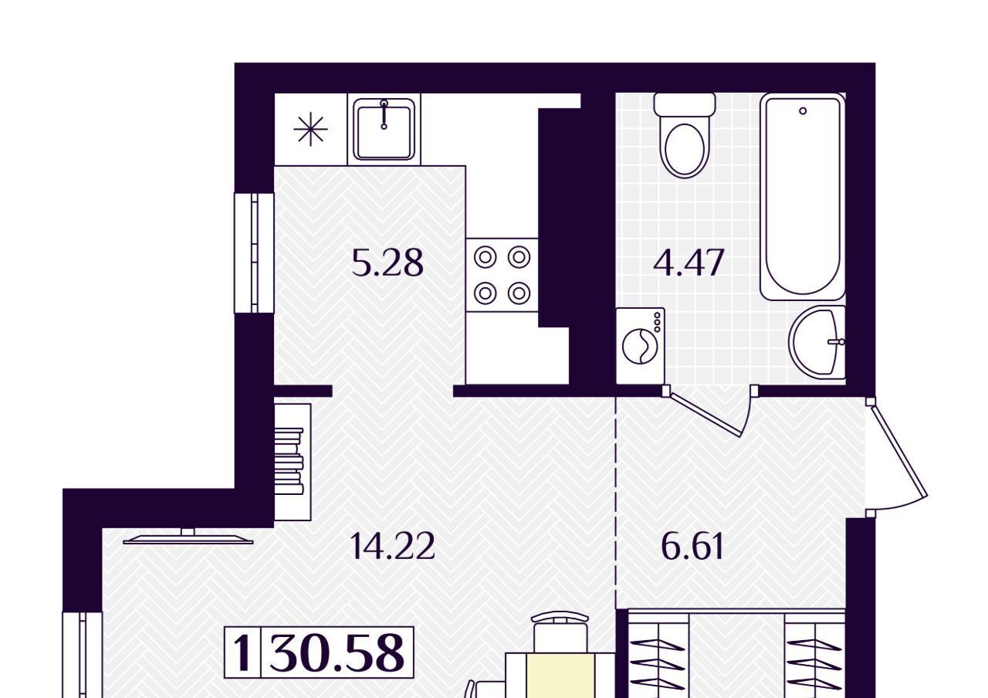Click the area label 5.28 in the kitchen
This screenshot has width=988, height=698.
[x=387, y=263]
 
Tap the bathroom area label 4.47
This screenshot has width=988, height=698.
[x=689, y=263]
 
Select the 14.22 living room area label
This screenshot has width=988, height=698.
[x=391, y=546]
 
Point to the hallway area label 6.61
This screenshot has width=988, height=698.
[x=692, y=546]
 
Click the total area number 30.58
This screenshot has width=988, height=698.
[x=337, y=653]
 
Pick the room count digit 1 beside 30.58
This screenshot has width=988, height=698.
[x=242, y=653]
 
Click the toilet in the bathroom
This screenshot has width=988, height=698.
[x=685, y=135]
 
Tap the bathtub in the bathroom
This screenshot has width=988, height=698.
[x=803, y=197]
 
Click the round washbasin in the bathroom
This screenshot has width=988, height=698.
[x=817, y=342]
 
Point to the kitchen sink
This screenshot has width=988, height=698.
[x=384, y=129]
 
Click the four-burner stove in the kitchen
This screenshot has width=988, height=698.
[x=502, y=275]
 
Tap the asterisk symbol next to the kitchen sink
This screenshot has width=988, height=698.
[x=310, y=129]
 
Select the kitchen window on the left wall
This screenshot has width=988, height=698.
[x=254, y=252]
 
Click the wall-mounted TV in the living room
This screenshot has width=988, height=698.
[x=188, y=537]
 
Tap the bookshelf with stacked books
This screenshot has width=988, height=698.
[x=292, y=462]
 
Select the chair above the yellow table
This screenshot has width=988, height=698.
[x=560, y=632]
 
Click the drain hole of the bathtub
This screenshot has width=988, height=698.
[x=803, y=111]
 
